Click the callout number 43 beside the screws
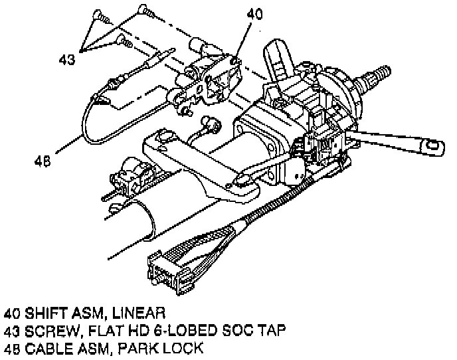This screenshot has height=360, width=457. point(67,59)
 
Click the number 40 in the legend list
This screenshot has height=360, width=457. point(11,312)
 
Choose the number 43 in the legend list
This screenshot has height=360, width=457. point(11,330)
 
